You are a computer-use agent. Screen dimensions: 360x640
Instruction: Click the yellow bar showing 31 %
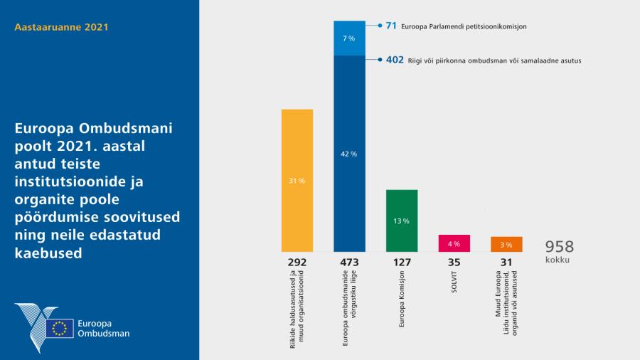(x=297, y=181)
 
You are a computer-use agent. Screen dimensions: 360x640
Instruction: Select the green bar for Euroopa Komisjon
(x=402, y=221)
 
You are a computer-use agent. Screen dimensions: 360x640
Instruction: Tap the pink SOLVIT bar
(x=454, y=243)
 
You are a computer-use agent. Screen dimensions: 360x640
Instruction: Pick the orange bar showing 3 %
(x=506, y=244)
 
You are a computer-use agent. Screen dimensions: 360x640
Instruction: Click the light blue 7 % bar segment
(x=349, y=38)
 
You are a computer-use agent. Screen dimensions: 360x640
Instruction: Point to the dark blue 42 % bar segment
(x=349, y=154)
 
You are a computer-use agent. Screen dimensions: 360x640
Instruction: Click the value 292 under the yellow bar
(x=297, y=263)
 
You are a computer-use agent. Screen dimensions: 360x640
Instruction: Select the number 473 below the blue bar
(x=349, y=263)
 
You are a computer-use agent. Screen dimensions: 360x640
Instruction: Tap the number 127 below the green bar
(x=402, y=263)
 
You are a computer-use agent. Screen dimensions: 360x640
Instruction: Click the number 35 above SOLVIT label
(x=454, y=263)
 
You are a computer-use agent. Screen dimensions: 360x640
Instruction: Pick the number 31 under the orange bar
(x=506, y=263)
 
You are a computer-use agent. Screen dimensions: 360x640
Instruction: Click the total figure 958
(x=559, y=247)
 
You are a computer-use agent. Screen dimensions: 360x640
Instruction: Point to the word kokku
(x=558, y=260)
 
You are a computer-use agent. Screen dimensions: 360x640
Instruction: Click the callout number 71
(x=391, y=26)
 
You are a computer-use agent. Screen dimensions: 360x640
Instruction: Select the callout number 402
(x=395, y=60)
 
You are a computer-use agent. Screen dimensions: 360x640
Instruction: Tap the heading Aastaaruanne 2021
(x=61, y=28)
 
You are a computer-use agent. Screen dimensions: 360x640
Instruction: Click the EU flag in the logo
(x=60, y=328)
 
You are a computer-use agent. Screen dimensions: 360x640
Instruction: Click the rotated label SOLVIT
(x=454, y=282)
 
